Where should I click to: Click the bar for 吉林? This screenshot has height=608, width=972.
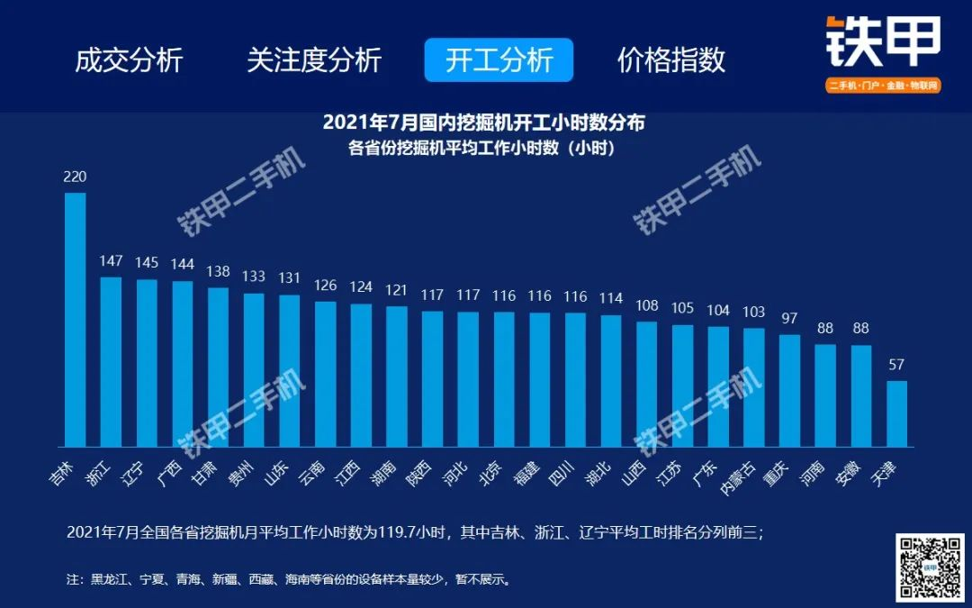[x=76, y=320]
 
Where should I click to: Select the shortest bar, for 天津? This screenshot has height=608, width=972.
[x=896, y=413]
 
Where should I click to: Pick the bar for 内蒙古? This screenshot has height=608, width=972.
[x=754, y=387]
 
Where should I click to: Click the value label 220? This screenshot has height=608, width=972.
[x=75, y=177]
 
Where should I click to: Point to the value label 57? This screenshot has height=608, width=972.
[x=896, y=365]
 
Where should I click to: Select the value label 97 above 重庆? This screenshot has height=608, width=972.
[x=789, y=319]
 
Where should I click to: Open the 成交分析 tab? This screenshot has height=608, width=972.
[x=129, y=60]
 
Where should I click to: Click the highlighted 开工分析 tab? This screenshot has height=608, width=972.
[x=499, y=60]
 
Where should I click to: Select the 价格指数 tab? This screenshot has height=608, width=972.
[x=671, y=60]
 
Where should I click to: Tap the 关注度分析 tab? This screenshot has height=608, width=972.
[x=314, y=60]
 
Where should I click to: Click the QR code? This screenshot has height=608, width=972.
[x=930, y=567]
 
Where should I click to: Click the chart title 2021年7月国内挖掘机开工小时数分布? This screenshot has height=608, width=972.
[x=483, y=123]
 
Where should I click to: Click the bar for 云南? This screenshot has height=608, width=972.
[x=325, y=374]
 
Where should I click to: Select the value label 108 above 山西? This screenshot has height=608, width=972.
[x=647, y=305]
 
